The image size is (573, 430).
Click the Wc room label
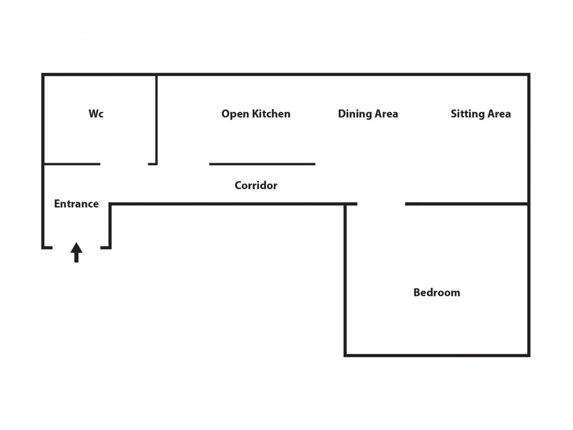96,114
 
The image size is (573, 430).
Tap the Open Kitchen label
256,114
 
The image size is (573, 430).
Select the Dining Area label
368,114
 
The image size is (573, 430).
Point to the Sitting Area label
481,114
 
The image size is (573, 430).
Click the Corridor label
256,185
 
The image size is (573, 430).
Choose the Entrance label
76,204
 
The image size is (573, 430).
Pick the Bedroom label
437,292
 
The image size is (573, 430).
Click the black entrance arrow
76,252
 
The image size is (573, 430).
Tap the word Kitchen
271,114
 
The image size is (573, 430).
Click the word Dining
354,114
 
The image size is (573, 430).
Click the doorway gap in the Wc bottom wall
124,164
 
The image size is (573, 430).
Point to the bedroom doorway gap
381,204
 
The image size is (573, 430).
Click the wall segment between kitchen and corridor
262,164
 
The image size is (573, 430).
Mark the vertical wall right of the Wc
156,120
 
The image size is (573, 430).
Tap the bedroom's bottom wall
437,355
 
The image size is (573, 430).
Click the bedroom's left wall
345,280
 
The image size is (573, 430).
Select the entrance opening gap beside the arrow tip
76,247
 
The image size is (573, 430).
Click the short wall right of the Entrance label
110,226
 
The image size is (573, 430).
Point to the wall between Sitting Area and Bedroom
467,204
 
